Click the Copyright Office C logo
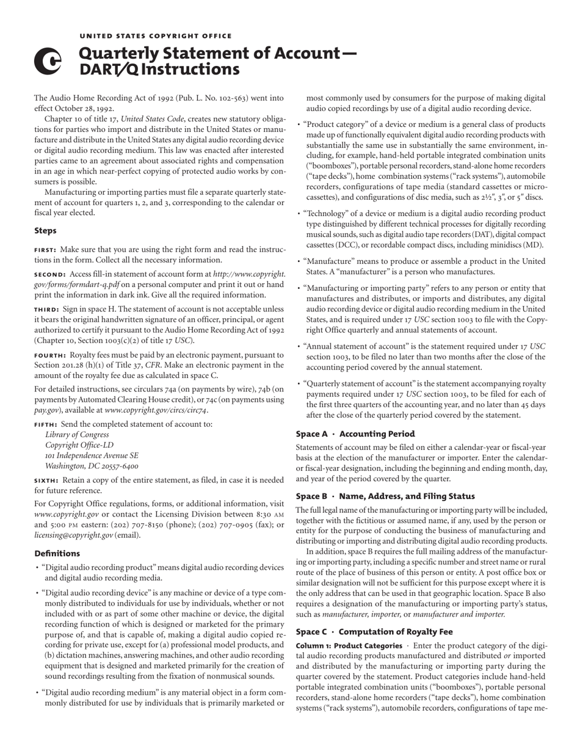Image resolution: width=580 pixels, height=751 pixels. point(48,62)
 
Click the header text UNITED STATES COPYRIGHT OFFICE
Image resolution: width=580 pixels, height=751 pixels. point(156,36)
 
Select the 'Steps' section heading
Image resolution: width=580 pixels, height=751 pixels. point(45,231)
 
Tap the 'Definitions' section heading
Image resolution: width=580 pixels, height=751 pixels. point(57,553)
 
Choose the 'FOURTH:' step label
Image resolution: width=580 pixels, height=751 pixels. point(51,355)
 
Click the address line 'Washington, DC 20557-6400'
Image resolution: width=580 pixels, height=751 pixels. point(92,466)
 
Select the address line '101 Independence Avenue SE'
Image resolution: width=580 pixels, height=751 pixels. point(92,455)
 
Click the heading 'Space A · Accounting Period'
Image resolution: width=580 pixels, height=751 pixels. point(355,434)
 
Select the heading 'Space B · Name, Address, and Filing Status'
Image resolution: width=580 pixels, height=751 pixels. point(385,496)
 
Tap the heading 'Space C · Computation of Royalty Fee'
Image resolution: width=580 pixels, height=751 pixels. point(374,632)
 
